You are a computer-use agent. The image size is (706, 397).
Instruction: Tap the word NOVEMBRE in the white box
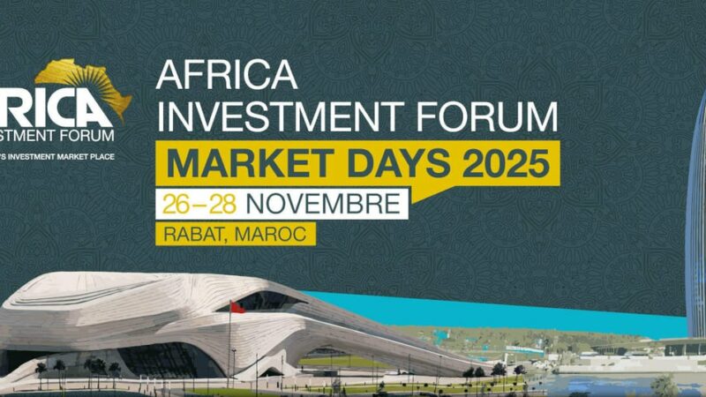322,204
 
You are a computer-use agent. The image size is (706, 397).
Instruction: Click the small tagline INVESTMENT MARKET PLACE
58,155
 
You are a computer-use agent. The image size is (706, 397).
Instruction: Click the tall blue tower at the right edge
696,221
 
